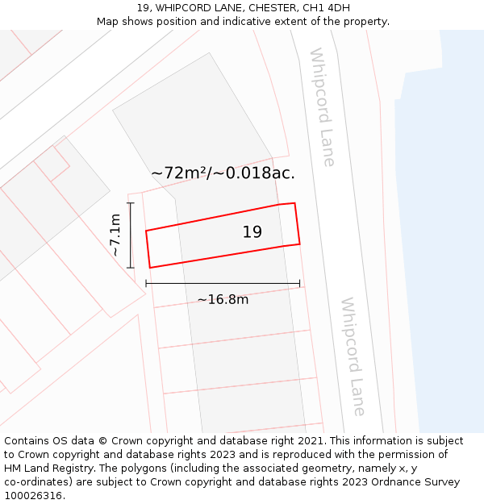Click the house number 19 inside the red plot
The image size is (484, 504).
click(252, 232)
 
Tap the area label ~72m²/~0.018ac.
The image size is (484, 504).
click(223, 173)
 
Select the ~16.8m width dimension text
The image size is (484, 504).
click(223, 300)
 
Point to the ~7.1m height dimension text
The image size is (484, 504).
click(115, 235)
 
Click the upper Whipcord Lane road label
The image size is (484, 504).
click(322, 107)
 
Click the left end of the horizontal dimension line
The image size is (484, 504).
click(146, 283)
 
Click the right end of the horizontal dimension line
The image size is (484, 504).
click(299, 283)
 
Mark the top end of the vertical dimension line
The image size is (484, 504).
click(131, 202)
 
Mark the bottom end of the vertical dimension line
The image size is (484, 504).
click(131, 268)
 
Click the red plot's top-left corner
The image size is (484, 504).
click(146, 231)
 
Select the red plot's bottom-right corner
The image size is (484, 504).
click(300, 243)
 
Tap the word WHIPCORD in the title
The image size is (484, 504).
click(185, 8)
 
